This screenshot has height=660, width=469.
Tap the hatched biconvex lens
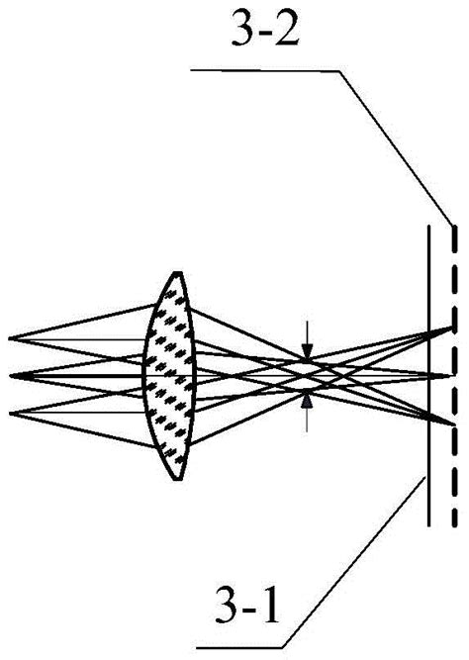(x=170, y=376)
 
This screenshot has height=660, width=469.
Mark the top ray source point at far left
(x=10, y=338)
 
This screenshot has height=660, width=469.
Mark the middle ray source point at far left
(x=10, y=375)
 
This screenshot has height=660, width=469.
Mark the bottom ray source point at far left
(x=10, y=412)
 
